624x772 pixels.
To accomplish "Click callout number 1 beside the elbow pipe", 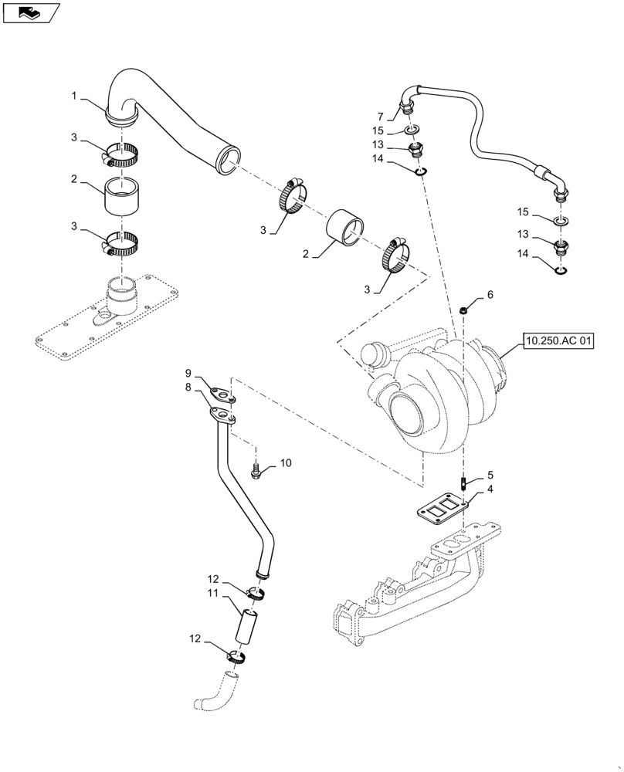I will pyautogui.click(x=74, y=96).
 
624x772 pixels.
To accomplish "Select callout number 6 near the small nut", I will pyautogui.click(x=489, y=295).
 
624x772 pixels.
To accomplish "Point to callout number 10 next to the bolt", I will pyautogui.click(x=286, y=463).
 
